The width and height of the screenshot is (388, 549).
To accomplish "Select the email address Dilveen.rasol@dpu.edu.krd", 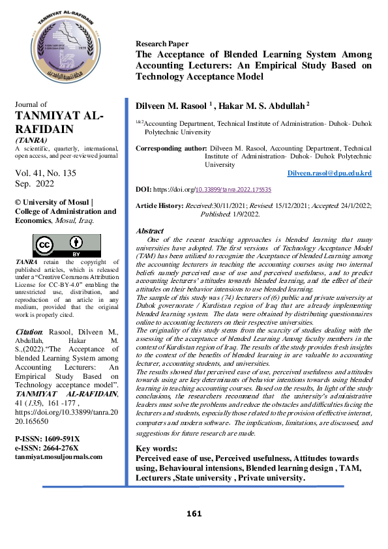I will point(329,173).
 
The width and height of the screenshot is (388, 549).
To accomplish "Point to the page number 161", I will point(194,514).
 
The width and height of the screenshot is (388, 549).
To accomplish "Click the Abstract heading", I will point(149,231).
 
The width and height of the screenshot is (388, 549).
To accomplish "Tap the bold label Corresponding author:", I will point(172,149).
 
